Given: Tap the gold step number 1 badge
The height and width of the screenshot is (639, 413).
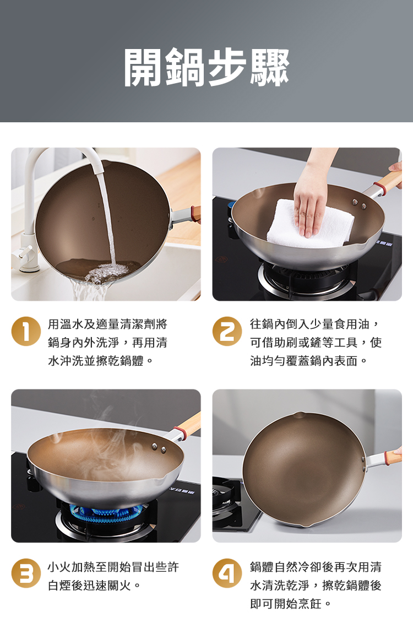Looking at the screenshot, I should [x=26, y=331].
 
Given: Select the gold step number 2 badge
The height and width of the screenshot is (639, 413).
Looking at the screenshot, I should [x=227, y=331].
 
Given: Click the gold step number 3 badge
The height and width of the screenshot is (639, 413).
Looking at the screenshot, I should [x=26, y=573].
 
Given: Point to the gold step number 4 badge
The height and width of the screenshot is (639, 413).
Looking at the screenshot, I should [x=227, y=573].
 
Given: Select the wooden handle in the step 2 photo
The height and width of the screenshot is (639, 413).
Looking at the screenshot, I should [x=389, y=181].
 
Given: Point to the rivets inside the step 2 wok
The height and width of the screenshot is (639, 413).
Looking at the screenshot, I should [x=360, y=205].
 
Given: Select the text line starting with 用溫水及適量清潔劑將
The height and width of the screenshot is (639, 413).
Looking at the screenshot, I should [x=107, y=324].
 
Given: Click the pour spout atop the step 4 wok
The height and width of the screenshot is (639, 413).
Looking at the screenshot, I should [x=299, y=414].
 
